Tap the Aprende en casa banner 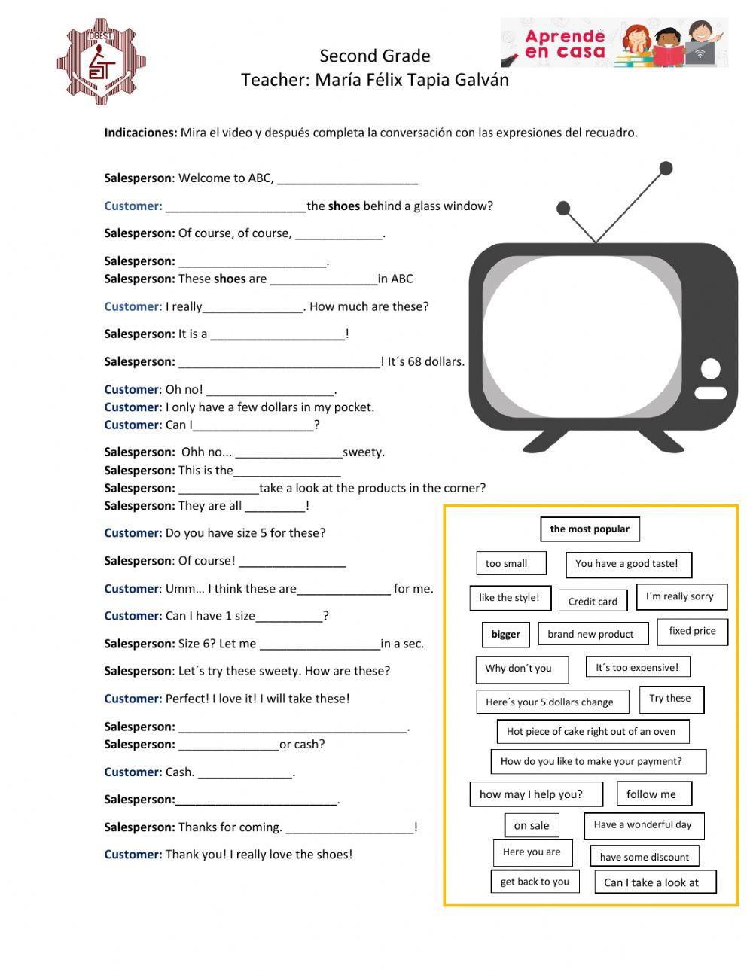pyautogui.click(x=614, y=43)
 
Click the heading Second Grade pyautogui.click(x=374, y=56)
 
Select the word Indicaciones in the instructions pyautogui.click(x=140, y=133)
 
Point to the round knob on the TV pyautogui.click(x=710, y=369)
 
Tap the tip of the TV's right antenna pyautogui.click(x=666, y=169)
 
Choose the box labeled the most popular pyautogui.click(x=590, y=529)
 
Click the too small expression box pyautogui.click(x=506, y=563)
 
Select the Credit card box pyautogui.click(x=593, y=601)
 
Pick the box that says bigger pyautogui.click(x=505, y=634)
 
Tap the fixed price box pyautogui.click(x=692, y=631)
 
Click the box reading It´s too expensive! pyautogui.click(x=637, y=667)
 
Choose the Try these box pyautogui.click(x=670, y=698)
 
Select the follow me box pyautogui.click(x=651, y=794)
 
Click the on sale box pyautogui.click(x=532, y=825)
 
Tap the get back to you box pyautogui.click(x=535, y=882)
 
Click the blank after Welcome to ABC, pyautogui.click(x=347, y=179)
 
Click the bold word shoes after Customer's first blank pyautogui.click(x=344, y=206)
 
